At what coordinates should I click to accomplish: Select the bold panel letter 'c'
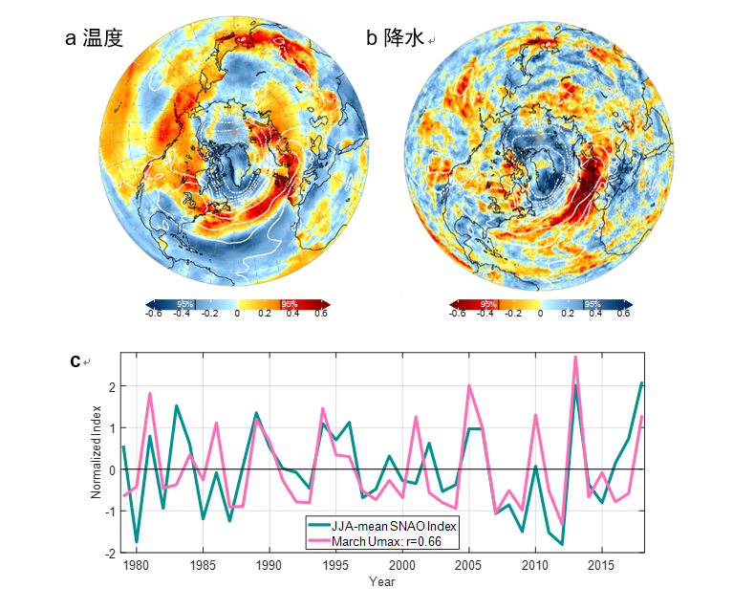point(75,360)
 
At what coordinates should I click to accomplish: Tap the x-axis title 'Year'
point(382,580)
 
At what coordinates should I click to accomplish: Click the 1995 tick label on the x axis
point(335,565)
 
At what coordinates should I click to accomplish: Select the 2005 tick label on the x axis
point(469,565)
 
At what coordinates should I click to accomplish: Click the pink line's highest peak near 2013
point(575,358)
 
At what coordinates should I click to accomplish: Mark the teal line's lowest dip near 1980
point(136,542)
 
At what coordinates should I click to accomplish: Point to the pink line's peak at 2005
point(469,386)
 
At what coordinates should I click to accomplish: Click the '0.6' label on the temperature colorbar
point(322,313)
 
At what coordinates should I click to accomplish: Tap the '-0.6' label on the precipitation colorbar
point(458,313)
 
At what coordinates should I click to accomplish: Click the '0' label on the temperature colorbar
point(237,313)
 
